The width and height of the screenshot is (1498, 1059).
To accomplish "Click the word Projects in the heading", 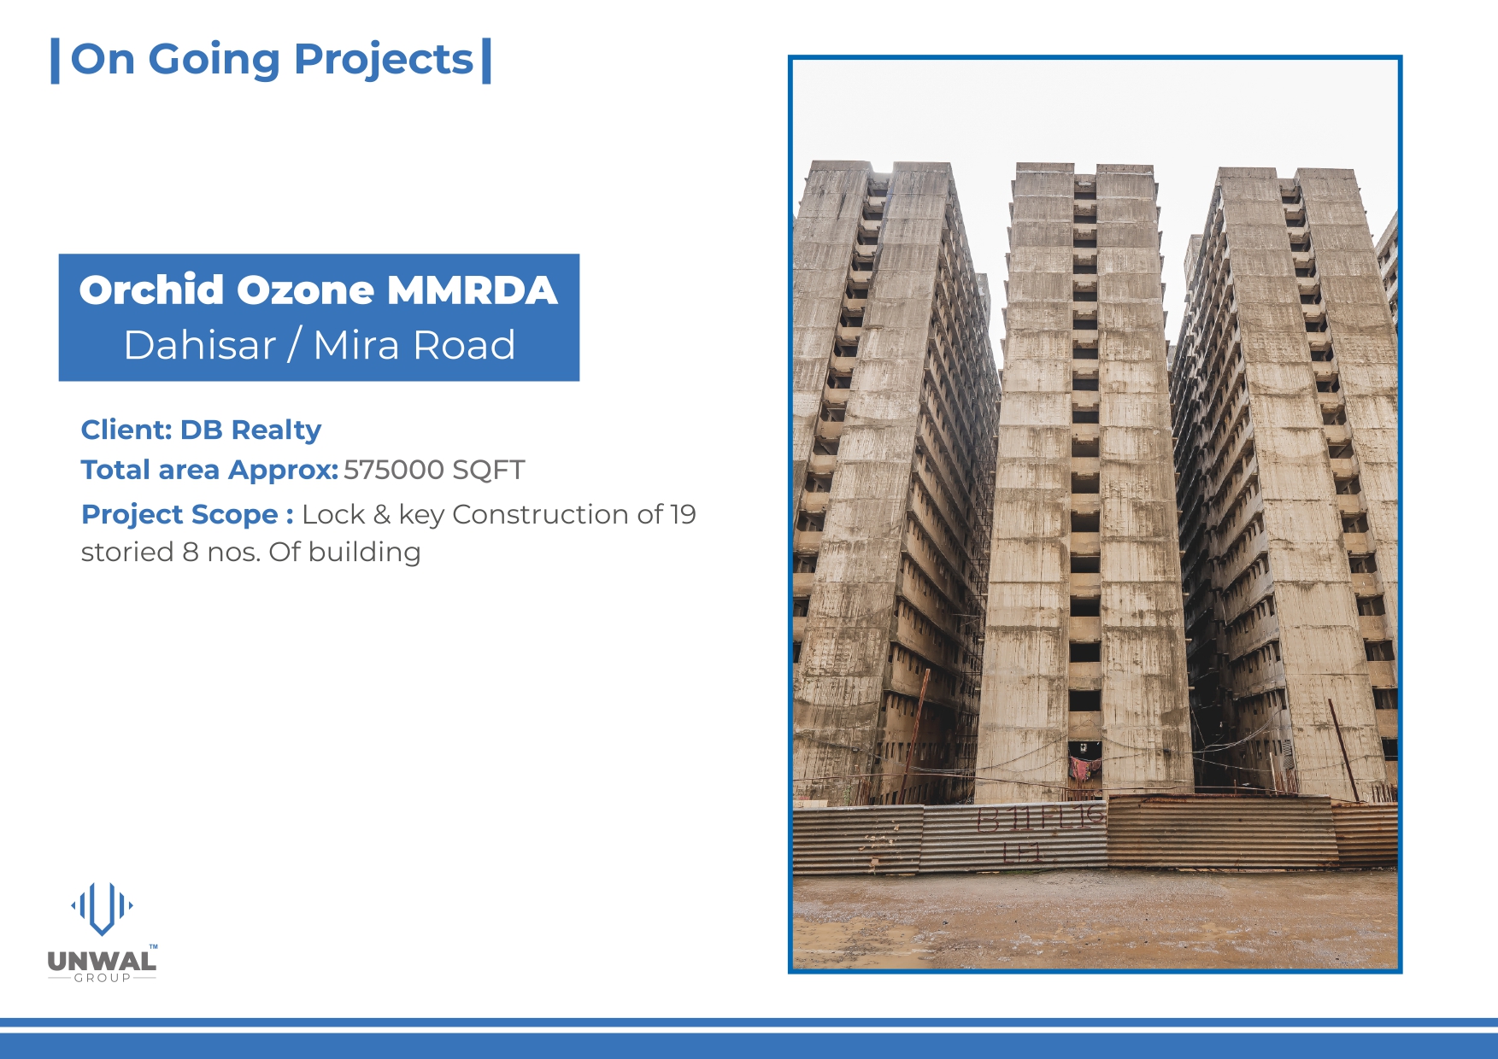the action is coord(383,61).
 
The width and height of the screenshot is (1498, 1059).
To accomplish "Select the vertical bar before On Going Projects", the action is coord(56,61).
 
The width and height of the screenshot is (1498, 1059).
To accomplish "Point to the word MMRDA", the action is coord(472,290).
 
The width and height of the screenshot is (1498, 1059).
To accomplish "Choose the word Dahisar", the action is coord(200,345).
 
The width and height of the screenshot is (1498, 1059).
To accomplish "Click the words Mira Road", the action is coord(414,345).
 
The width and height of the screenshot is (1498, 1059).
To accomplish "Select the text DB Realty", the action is coord(250,430).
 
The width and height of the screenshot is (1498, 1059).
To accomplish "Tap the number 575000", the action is coord(394,470).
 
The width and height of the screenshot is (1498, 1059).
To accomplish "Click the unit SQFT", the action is coord(489,470).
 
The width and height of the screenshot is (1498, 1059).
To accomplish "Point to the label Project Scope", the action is coord(179,514).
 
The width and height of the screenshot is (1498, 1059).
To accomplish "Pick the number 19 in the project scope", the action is coord(683,514).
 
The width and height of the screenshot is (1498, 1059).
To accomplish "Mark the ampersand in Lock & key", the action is coord(382,514).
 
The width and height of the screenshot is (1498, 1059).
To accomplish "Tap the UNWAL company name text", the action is coord(102,962).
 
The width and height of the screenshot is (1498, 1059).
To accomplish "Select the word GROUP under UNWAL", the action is coord(103,978).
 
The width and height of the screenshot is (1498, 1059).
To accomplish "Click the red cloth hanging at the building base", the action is coord(1083,768).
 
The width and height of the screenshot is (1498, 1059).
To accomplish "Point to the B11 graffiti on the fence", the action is coord(1005,819).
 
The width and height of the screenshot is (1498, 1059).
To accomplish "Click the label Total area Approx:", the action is coord(209,470).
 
